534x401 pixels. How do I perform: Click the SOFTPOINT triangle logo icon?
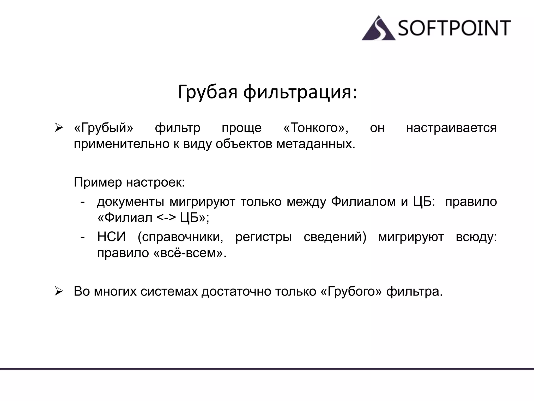tap(378, 29)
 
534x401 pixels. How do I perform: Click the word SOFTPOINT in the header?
tap(454, 28)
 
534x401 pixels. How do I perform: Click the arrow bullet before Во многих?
tap(59, 291)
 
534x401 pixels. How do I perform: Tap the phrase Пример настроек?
tap(129, 182)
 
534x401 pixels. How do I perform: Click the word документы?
tap(131, 202)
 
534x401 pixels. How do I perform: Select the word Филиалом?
tap(363, 202)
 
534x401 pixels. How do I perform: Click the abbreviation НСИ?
tap(111, 237)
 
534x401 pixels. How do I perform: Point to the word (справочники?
tap(180, 237)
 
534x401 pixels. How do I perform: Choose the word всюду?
tap(476, 237)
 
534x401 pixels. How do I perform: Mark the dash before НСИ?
tap(83, 237)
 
